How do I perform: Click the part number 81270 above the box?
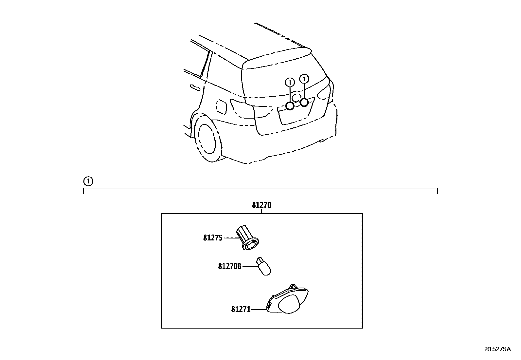[261, 205]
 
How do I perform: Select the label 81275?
[212, 238]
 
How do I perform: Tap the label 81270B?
[230, 266]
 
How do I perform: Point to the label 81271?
[241, 309]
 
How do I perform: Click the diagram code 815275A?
[497, 349]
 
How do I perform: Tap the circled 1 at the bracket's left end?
[88, 181]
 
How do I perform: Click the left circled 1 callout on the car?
[290, 82]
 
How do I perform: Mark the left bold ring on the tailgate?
[290, 106]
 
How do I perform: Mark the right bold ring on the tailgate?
[304, 103]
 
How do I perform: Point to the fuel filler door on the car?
[222, 107]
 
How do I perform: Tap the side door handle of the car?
[195, 87]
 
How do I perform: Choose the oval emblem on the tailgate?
[296, 97]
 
